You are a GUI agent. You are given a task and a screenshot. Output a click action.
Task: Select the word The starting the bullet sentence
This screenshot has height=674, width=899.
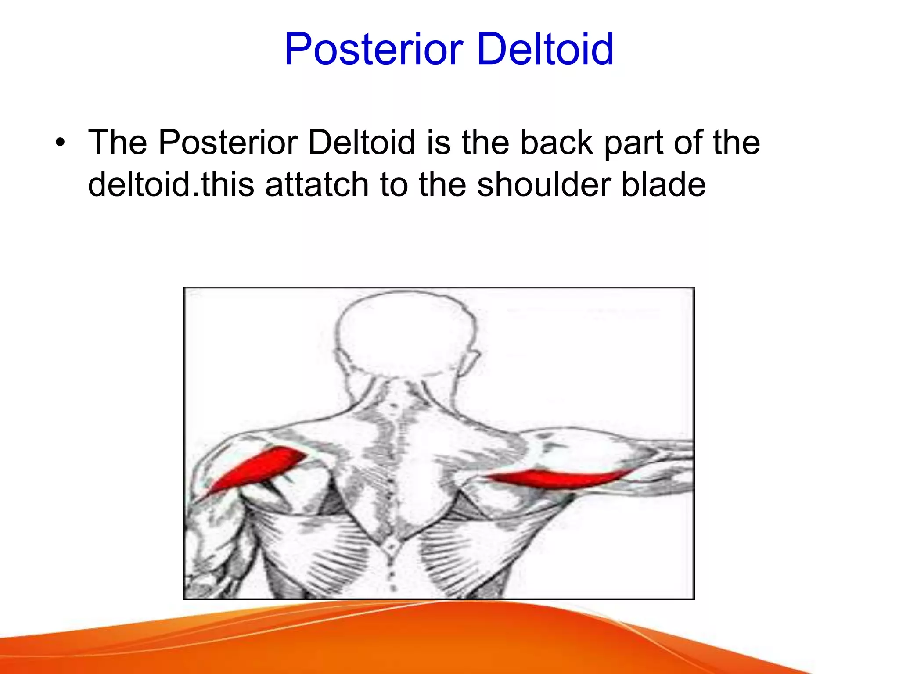(118, 143)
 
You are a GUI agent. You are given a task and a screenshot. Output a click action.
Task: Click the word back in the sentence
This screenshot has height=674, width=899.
(556, 143)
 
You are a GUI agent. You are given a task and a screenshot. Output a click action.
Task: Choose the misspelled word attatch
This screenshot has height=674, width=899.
(316, 184)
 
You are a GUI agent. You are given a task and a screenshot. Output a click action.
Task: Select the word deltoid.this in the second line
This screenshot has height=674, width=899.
(171, 184)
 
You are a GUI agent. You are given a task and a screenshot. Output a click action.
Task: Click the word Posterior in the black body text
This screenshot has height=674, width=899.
(228, 143)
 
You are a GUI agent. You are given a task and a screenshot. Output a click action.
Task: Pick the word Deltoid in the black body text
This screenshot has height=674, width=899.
(361, 143)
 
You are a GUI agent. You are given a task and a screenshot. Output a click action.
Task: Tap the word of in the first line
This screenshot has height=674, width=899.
(687, 143)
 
